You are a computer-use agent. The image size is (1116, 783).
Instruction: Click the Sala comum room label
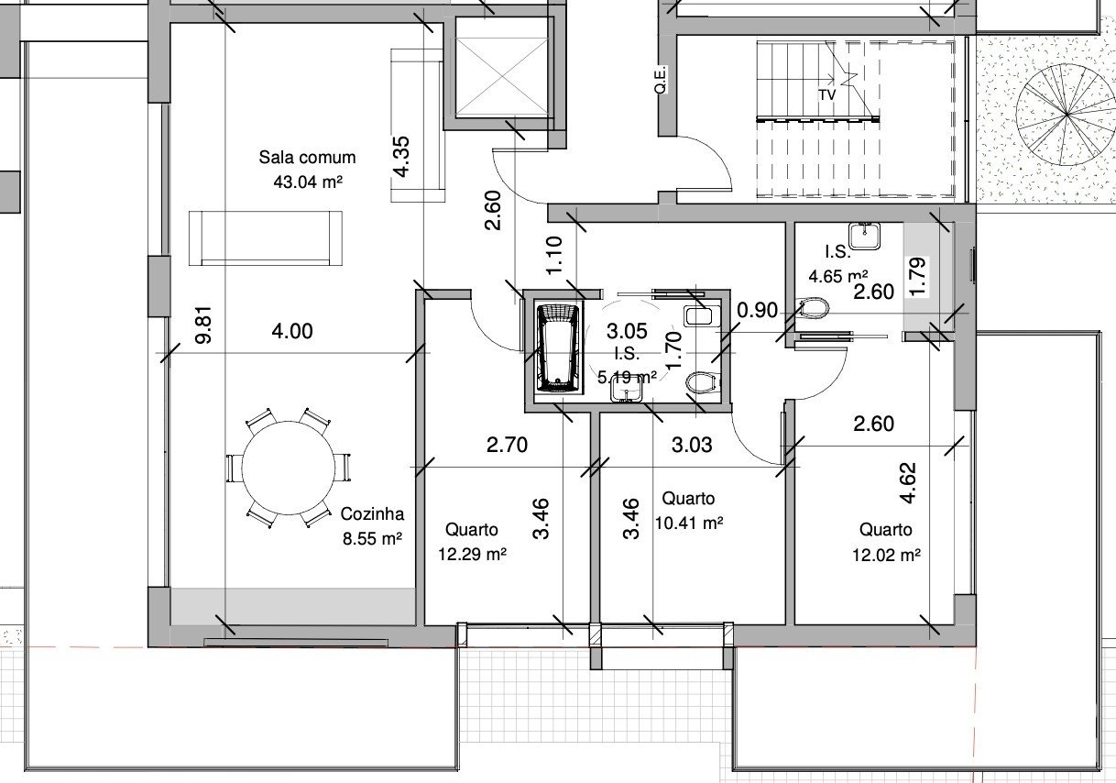[307, 158]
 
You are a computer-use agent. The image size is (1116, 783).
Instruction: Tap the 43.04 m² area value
[308, 182]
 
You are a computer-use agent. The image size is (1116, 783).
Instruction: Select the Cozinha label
[372, 513]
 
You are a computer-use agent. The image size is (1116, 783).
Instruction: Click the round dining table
[289, 468]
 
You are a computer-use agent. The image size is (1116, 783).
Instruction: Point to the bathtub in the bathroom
[559, 349]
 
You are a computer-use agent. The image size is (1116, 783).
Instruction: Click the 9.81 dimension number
[204, 325]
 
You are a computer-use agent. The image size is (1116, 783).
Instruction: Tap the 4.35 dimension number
[401, 157]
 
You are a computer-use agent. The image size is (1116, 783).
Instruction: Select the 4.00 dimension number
[292, 331]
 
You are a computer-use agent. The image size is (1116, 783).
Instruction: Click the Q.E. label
[660, 80]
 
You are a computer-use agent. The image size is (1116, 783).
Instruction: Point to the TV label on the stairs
[827, 94]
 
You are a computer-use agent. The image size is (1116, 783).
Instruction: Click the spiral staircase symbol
[1067, 116]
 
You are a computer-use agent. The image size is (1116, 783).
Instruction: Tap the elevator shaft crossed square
[503, 76]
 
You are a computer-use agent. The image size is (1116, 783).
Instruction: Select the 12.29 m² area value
[472, 554]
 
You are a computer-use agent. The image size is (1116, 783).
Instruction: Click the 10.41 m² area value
[689, 523]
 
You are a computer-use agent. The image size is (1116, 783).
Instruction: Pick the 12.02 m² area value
[886, 555]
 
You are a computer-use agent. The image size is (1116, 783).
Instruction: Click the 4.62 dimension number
[908, 483]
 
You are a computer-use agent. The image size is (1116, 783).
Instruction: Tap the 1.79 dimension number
[917, 277]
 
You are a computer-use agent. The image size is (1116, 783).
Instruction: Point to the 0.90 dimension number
[757, 310]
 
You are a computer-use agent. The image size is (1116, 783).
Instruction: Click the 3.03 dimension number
[692, 445]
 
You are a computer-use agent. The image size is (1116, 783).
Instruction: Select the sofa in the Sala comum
[266, 238]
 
